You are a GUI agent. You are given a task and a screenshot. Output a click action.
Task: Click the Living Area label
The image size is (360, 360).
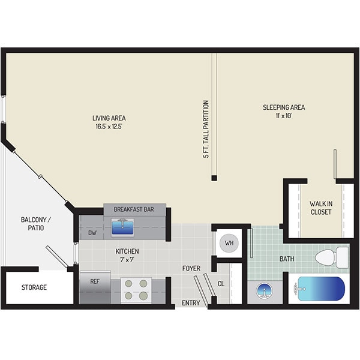[x=109, y=122]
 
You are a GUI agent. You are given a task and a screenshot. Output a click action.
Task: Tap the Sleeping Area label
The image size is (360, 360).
[x=283, y=112]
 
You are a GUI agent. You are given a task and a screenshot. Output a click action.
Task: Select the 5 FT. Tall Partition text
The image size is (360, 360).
[x=206, y=129]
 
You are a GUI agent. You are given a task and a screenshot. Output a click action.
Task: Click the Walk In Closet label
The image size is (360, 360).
[x=320, y=208]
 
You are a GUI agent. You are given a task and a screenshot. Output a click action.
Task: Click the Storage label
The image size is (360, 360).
[x=34, y=287]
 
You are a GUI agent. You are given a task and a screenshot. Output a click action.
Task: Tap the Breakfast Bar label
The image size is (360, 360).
[x=134, y=209]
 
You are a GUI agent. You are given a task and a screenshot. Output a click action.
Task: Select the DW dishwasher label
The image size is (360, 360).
[x=92, y=233]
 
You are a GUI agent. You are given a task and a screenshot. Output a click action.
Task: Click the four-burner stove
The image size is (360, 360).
[x=136, y=289]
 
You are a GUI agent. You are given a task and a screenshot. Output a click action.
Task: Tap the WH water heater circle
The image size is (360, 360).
[x=228, y=243]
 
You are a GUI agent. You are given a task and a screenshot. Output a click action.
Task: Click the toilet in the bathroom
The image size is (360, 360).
[x=331, y=257]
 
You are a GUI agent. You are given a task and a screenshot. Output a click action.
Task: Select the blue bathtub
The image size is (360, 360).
[x=320, y=289]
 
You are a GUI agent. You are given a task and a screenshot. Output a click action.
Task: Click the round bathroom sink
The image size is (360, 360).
[x=263, y=291]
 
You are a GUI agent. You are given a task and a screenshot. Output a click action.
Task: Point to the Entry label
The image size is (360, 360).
[x=190, y=303]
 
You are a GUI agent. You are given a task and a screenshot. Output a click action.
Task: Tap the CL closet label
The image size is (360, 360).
[x=221, y=284]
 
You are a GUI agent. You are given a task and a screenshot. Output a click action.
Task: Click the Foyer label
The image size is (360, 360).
[x=191, y=268]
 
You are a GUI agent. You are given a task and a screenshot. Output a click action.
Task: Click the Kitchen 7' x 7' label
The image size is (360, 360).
[x=127, y=256]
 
